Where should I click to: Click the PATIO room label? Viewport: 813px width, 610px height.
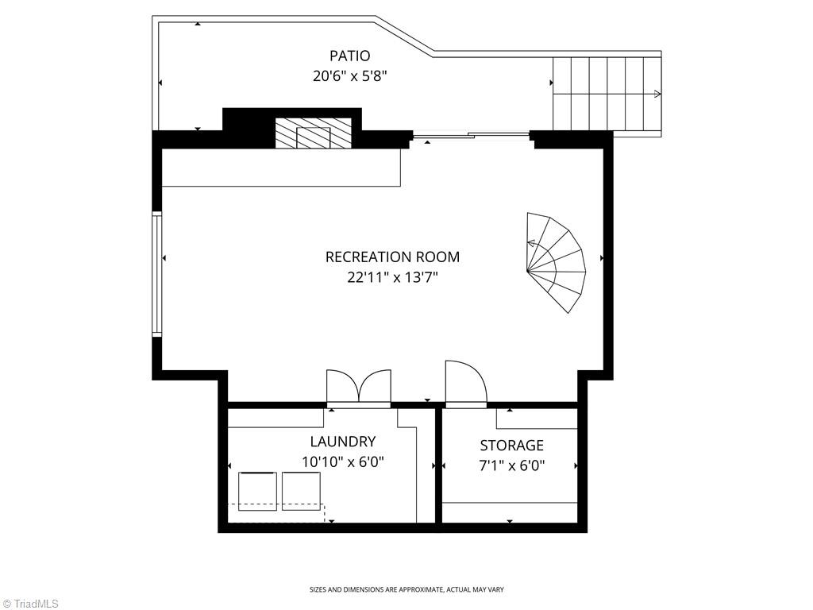349,56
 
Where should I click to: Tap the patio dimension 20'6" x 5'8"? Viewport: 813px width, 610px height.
349,76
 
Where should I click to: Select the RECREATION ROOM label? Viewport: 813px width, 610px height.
392,257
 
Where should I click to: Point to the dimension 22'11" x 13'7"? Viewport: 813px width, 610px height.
392,277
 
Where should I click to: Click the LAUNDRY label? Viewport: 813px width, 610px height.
342,442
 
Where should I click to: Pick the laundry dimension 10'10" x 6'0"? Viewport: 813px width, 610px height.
342,461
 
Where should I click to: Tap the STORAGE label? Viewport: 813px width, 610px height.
511,446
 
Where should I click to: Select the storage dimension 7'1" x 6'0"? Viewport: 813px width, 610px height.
511,466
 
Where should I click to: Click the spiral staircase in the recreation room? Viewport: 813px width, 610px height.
555,262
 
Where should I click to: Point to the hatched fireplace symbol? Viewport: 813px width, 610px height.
313,133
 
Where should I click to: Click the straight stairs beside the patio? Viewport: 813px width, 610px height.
607,94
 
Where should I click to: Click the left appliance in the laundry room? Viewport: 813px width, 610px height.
258,491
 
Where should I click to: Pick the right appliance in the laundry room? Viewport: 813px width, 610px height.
301,491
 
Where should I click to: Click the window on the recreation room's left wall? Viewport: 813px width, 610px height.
157,274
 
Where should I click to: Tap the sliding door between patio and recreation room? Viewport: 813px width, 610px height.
471,135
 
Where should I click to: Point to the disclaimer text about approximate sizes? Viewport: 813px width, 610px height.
406,589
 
